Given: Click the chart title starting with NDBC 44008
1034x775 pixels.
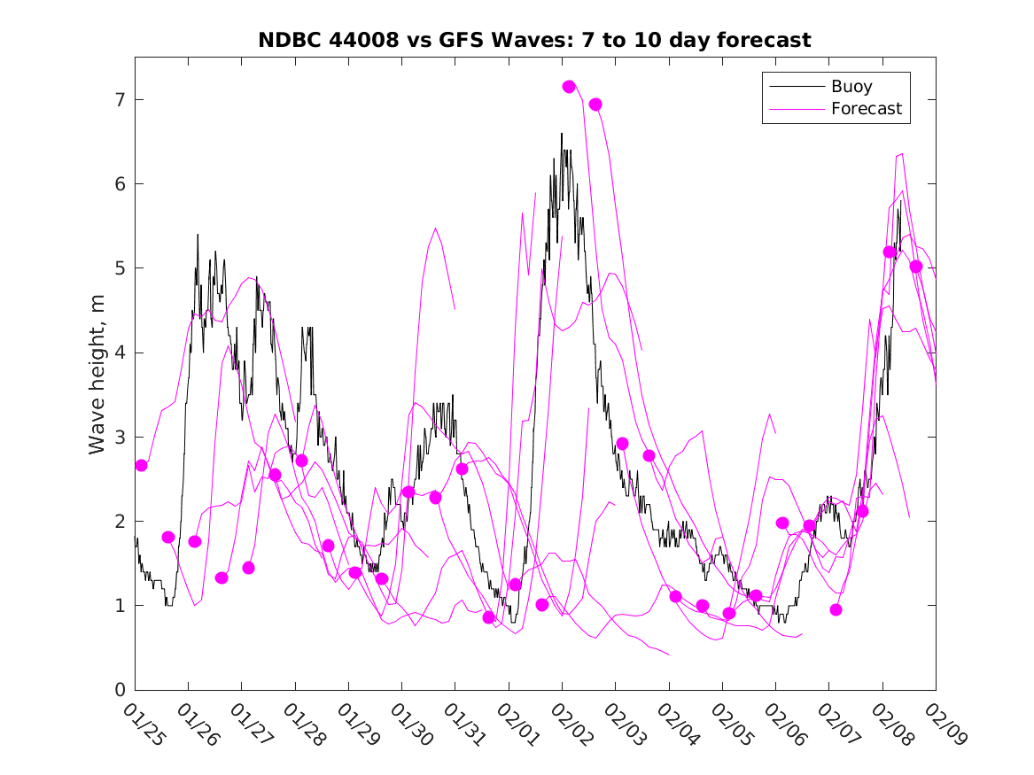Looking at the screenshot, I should tap(534, 40).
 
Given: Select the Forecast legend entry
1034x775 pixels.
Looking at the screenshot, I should tap(866, 109).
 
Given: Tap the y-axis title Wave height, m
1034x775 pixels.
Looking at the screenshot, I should tap(98, 375).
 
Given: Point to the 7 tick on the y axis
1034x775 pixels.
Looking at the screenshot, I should tap(117, 100).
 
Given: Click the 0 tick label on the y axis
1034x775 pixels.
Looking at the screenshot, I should tap(117, 690).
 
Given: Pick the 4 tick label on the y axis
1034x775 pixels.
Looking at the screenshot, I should tap(117, 353).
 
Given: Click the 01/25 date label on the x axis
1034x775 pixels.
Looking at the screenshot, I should tap(144, 725).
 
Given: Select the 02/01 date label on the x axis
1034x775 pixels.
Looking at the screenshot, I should tap(518, 725).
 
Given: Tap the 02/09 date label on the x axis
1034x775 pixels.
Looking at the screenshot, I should tap(945, 725).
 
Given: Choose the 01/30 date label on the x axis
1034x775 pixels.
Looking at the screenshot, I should tap(411, 725).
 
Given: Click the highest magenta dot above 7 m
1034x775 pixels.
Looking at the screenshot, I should tap(569, 87).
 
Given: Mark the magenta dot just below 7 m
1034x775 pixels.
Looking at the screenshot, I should tap(595, 105).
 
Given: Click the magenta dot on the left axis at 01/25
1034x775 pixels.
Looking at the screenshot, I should tap(141, 465).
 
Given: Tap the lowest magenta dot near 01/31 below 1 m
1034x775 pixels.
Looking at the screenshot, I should tap(489, 617).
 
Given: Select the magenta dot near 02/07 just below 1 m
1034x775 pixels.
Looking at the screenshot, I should tap(836, 609).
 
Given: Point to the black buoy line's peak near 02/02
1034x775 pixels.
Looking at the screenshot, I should tap(562, 134).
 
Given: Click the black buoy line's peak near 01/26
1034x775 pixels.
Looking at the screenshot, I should tap(198, 235).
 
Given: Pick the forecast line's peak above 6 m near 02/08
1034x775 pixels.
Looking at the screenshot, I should tap(902, 154).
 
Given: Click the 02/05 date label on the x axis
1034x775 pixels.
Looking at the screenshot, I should tap(732, 725).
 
